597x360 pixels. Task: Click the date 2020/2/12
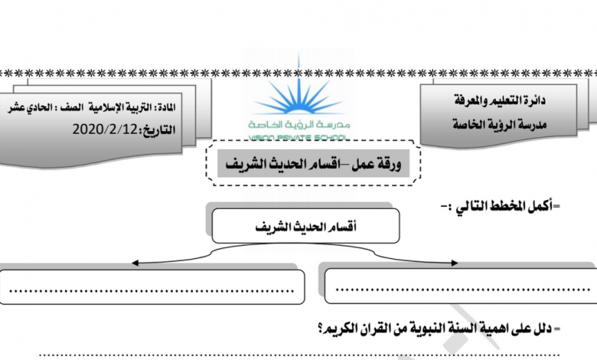(x=105, y=129)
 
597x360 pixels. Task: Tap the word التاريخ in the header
(x=158, y=130)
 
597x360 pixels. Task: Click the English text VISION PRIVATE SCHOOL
(x=298, y=138)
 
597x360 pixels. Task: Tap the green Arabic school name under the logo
(x=298, y=125)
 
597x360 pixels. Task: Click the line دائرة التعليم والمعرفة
(x=500, y=100)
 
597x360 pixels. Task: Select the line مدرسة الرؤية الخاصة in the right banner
(x=500, y=124)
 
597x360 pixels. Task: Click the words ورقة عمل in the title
(x=377, y=164)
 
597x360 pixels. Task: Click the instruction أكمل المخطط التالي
(x=501, y=207)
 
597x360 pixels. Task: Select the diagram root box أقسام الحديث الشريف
(x=305, y=225)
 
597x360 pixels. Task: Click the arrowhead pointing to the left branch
(x=135, y=263)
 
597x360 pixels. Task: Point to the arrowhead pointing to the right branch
(x=454, y=263)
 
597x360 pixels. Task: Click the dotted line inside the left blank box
(x=152, y=291)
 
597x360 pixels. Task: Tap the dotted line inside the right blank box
(x=462, y=290)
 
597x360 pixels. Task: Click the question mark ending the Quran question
(x=321, y=329)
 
